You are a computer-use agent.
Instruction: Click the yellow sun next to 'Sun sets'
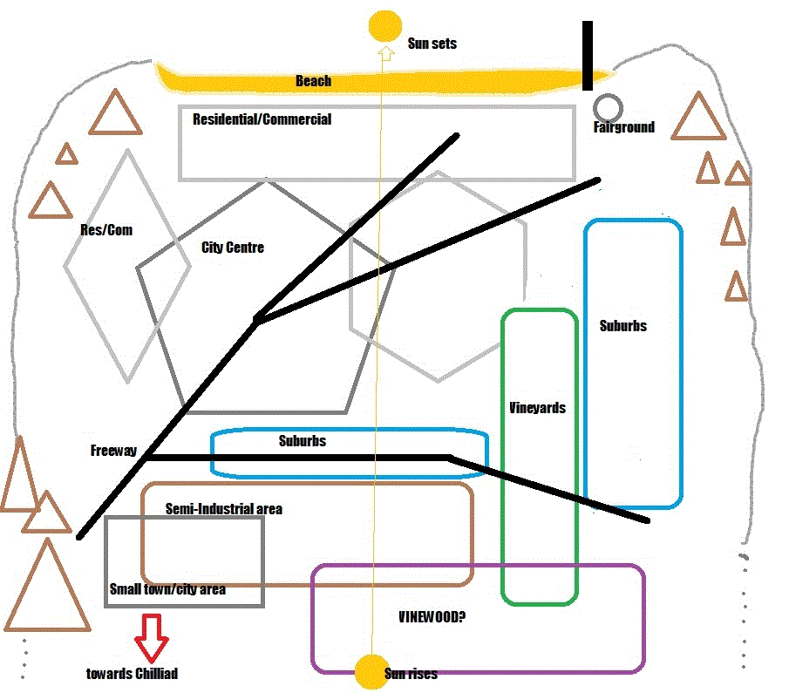[x=384, y=24]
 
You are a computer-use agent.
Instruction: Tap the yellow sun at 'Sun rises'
[x=372, y=672]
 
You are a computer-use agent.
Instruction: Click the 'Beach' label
[x=313, y=81]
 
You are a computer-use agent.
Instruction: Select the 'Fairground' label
[x=623, y=127]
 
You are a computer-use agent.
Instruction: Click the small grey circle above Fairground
[x=607, y=108]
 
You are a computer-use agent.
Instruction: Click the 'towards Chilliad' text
[x=132, y=674]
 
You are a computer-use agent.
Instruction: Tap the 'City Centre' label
[x=232, y=248]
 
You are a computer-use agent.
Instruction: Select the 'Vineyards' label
[x=537, y=407]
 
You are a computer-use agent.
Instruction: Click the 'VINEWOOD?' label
[x=432, y=617]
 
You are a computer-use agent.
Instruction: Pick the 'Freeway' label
[x=113, y=451]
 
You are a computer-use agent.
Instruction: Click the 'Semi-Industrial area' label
[x=223, y=509]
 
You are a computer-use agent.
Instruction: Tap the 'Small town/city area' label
[x=167, y=589]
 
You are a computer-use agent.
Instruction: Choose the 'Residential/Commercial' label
[x=262, y=119]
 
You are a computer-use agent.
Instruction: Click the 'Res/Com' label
[x=105, y=230]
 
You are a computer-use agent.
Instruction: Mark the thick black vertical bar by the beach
[x=588, y=56]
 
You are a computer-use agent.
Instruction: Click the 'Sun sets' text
[x=432, y=44]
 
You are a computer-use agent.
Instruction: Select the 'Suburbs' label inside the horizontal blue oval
[x=302, y=441]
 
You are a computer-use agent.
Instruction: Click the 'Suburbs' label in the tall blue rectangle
[x=623, y=326]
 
